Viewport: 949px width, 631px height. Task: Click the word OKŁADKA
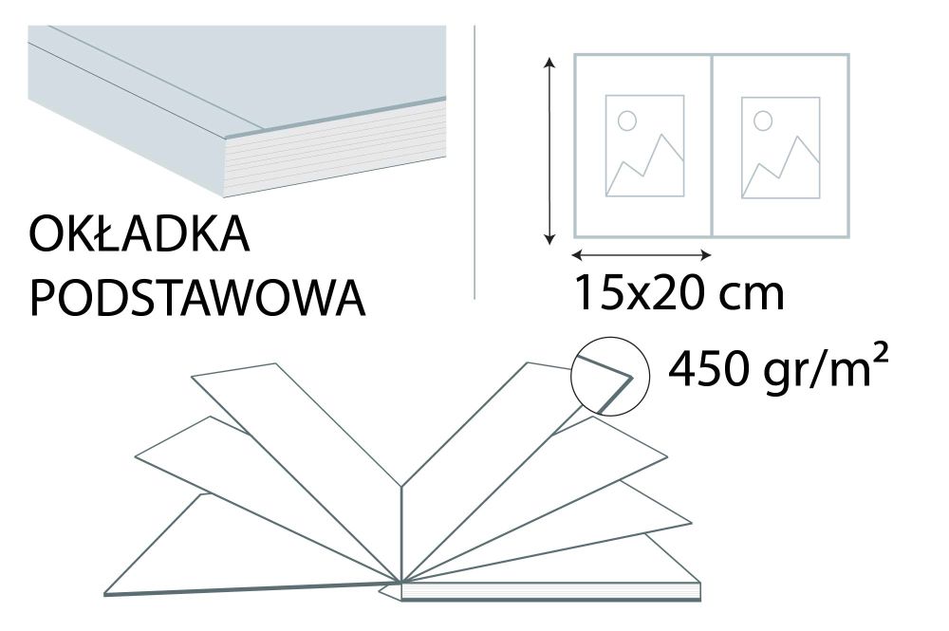click(140, 235)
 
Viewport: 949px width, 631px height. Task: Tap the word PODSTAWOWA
click(197, 298)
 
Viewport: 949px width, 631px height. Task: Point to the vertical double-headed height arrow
click(549, 150)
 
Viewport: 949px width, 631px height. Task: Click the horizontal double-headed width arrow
click(642, 254)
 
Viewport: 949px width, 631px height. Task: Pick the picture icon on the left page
click(644, 145)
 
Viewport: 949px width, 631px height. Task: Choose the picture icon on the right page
click(780, 146)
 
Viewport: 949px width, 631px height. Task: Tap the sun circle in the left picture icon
click(626, 121)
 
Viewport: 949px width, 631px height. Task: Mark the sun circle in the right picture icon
click(762, 121)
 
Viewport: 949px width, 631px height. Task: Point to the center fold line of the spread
click(712, 145)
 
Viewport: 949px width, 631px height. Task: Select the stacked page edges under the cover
click(332, 152)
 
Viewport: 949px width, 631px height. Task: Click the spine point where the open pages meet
click(401, 581)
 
